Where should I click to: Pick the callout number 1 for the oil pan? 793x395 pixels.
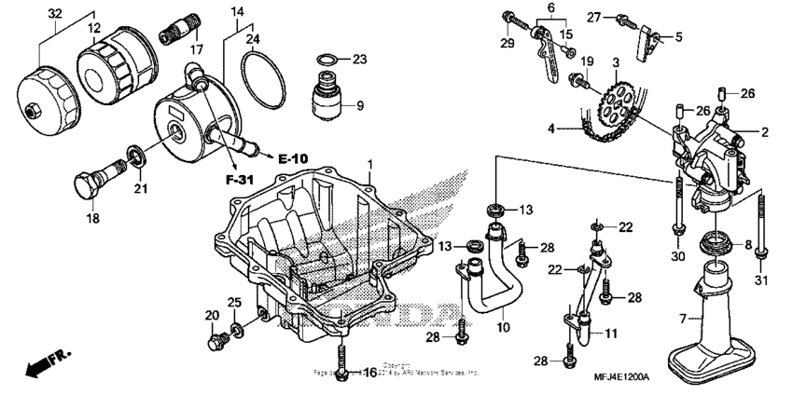coord(369,164)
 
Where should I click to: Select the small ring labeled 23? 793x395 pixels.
coord(325,61)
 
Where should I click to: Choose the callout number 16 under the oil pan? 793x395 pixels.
coord(369,373)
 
